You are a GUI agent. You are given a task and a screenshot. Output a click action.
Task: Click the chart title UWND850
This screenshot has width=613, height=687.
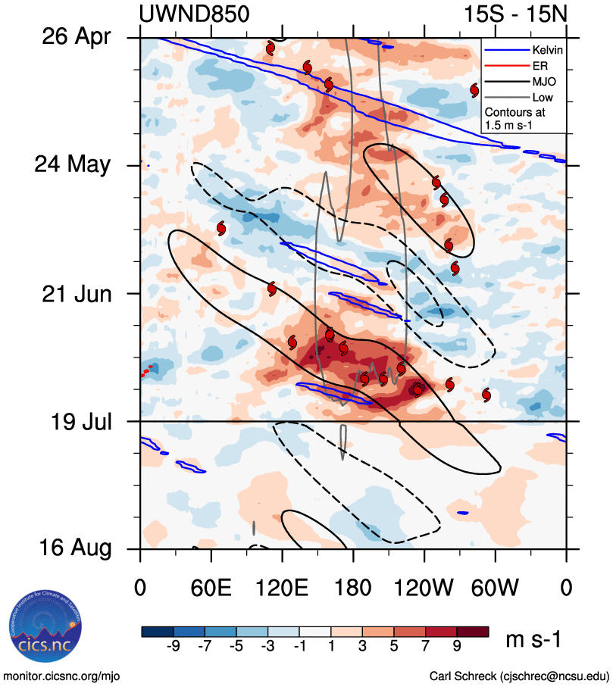pos(195,14)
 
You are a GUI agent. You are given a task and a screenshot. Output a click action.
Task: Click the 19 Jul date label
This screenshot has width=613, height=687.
pos(76,420)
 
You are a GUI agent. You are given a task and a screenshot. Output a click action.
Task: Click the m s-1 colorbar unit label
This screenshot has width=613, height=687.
pos(533,640)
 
